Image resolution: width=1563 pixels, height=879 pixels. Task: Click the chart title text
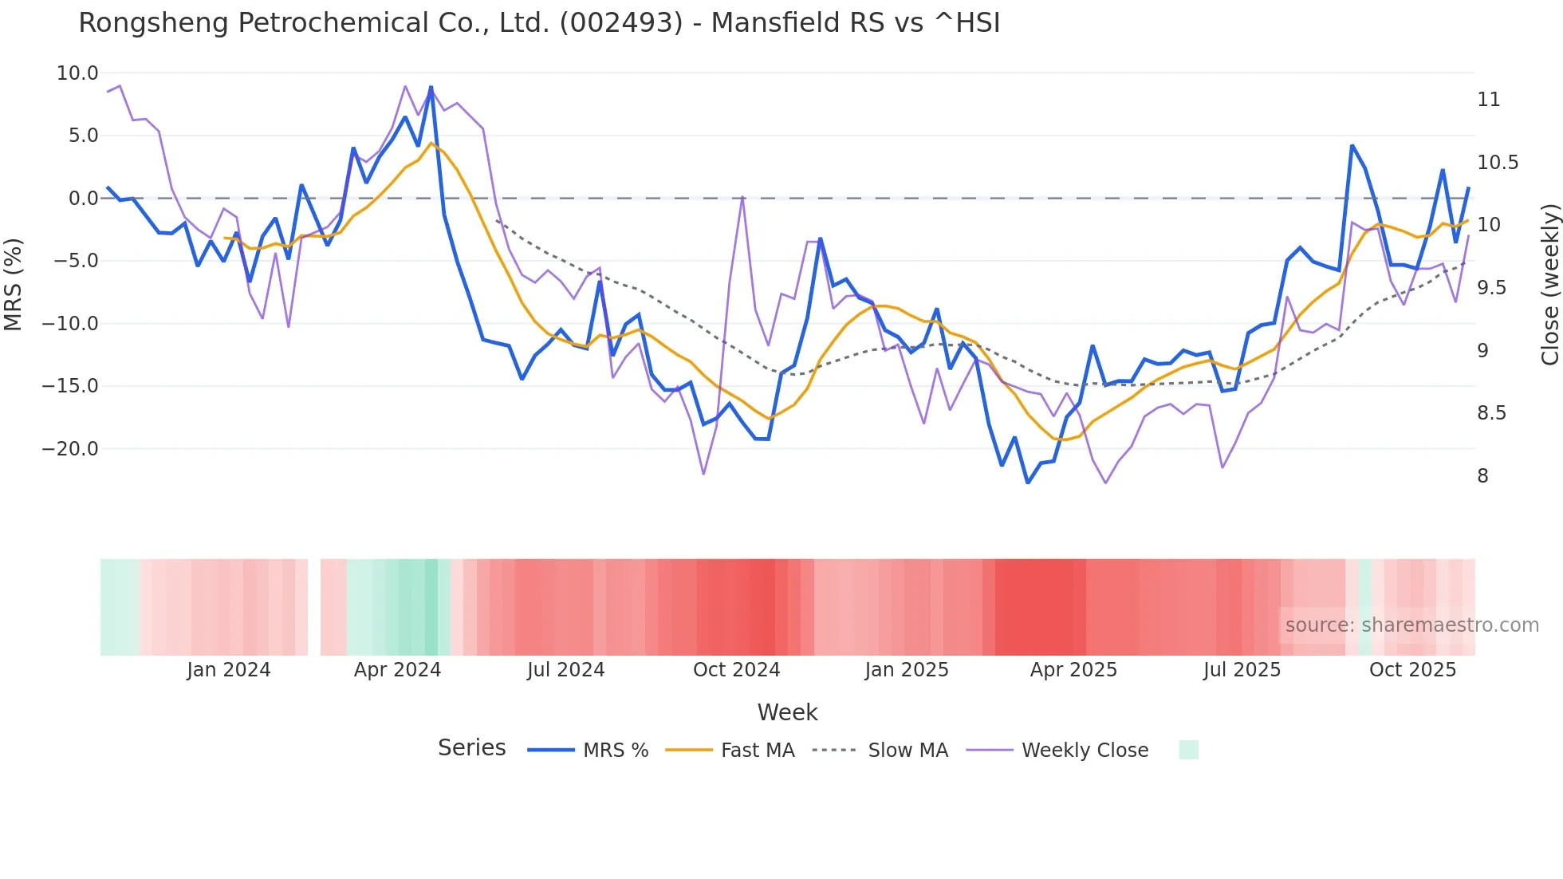(x=539, y=23)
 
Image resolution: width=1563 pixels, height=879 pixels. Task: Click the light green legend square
(x=1188, y=750)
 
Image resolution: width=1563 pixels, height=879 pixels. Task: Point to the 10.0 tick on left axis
(x=77, y=73)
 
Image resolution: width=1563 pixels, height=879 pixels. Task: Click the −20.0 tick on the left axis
(x=70, y=448)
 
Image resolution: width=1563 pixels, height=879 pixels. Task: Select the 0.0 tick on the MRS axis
(x=83, y=199)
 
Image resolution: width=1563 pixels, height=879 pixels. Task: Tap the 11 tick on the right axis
(x=1488, y=100)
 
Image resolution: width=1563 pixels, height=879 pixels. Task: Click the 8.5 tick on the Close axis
(x=1491, y=413)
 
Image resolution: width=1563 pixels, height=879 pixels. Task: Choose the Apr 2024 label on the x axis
(x=397, y=670)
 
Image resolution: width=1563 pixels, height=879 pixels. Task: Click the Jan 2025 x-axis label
(x=907, y=670)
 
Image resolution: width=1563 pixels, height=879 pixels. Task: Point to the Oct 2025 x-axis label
(x=1412, y=670)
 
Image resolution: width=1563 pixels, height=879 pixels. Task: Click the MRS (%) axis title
(x=14, y=284)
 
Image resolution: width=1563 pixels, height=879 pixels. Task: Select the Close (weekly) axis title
(x=1549, y=284)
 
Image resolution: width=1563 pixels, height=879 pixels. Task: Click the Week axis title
(x=787, y=712)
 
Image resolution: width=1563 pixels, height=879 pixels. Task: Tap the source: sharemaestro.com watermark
(x=1411, y=625)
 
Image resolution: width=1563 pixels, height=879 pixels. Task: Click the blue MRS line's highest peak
(x=431, y=87)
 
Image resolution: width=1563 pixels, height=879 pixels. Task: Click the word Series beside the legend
(x=471, y=748)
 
